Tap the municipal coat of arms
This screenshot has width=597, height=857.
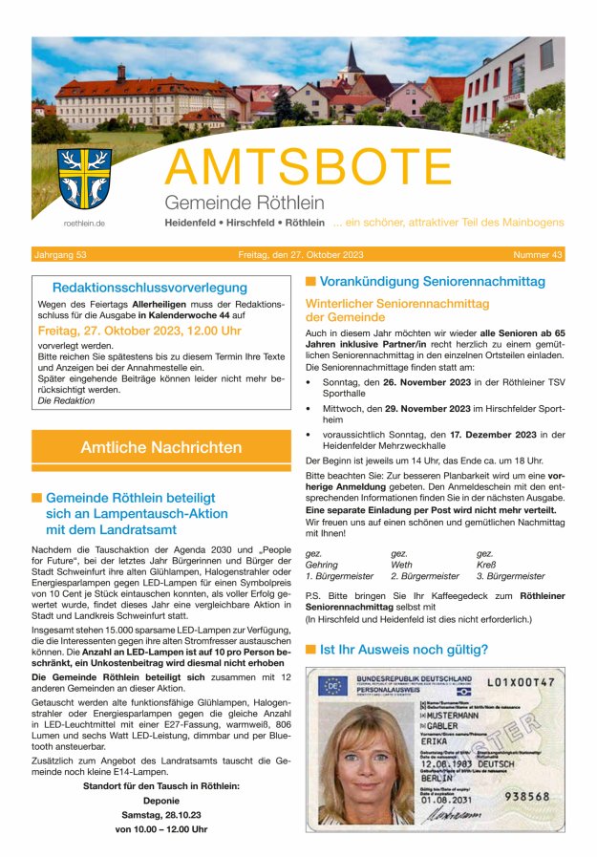[84, 179]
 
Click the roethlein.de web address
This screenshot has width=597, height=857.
[84, 224]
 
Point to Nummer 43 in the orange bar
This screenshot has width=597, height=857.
[538, 255]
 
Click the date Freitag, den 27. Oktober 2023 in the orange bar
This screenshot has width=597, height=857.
[301, 255]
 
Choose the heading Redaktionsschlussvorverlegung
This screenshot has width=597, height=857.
[149, 287]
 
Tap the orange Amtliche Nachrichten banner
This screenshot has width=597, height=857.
[160, 447]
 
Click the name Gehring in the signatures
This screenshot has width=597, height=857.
[322, 565]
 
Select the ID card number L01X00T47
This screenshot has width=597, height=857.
[520, 683]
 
